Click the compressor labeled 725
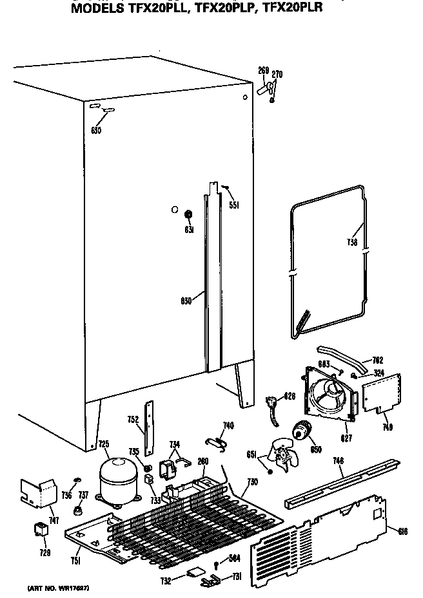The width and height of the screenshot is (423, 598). pos(118,480)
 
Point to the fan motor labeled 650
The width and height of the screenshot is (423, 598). pos(302,432)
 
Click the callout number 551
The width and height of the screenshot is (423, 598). pos(233,205)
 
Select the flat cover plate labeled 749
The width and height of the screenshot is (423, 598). pos(380,393)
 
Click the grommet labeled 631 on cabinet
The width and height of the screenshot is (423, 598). pos(189,214)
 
